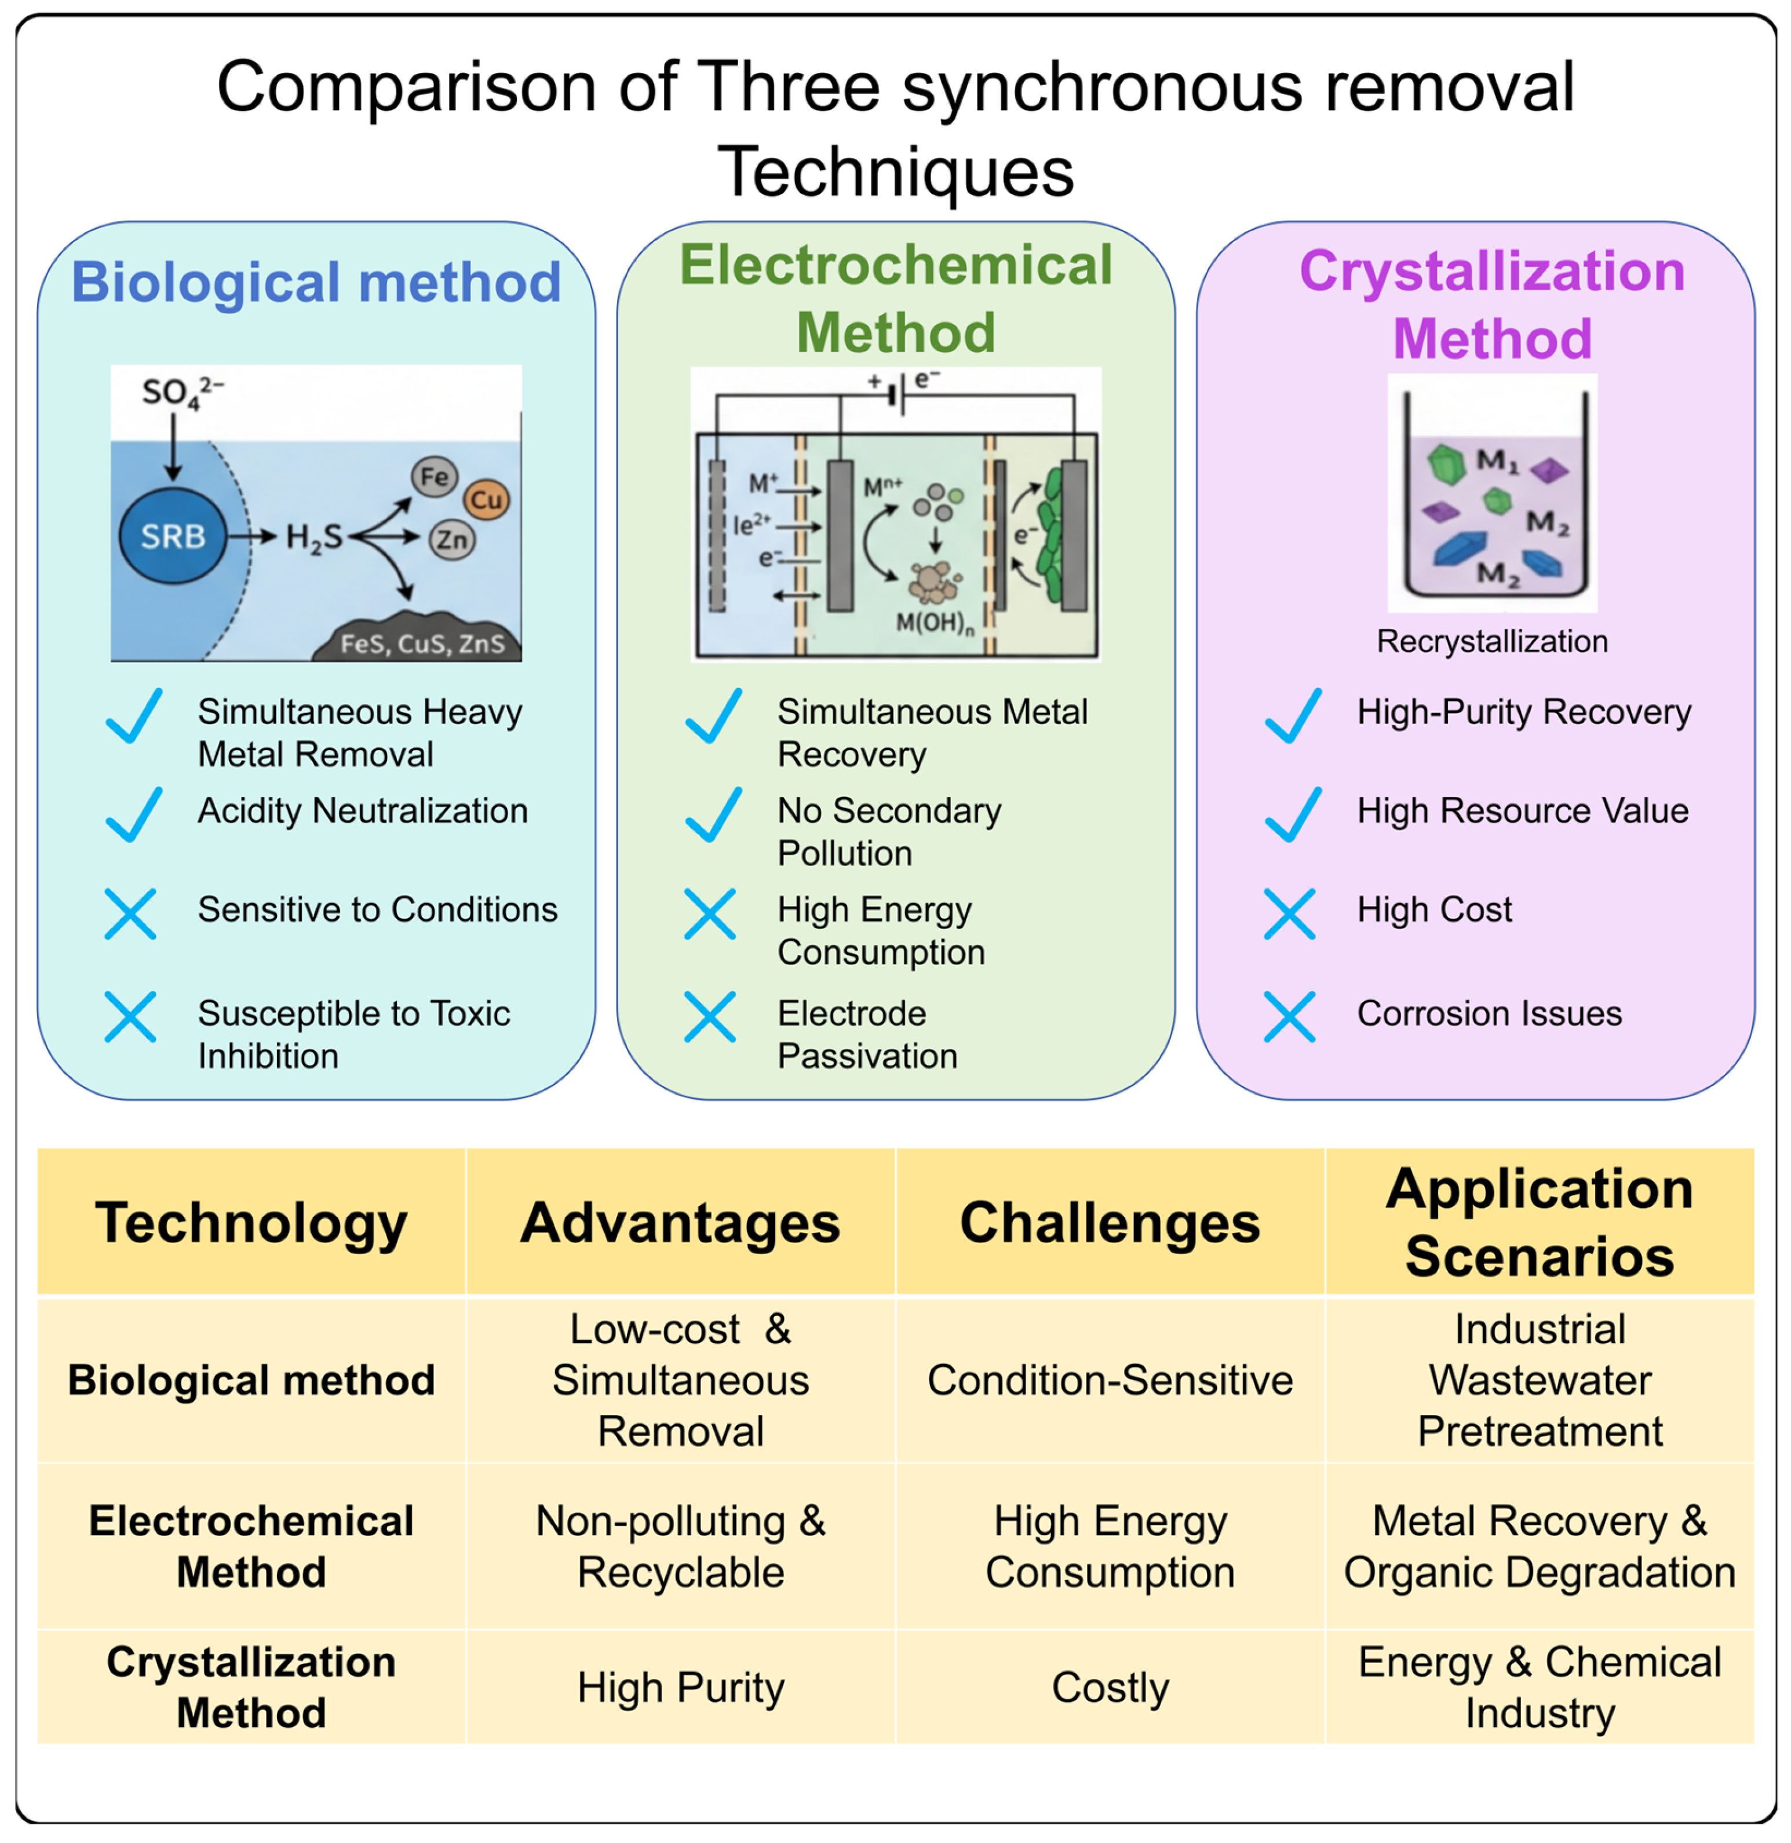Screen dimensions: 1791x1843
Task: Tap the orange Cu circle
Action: tap(486, 499)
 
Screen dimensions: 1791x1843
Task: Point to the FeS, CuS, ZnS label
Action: tap(422, 644)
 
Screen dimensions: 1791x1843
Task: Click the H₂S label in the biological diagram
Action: tap(314, 538)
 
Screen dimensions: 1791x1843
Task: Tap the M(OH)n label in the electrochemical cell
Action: tap(934, 623)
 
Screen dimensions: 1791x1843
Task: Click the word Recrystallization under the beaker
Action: tap(1492, 641)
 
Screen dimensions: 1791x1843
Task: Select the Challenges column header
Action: tap(1110, 1223)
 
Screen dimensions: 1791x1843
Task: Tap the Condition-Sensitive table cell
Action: tap(1110, 1380)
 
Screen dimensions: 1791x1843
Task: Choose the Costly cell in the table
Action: tap(1110, 1687)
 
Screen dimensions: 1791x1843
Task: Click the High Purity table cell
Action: tap(680, 1687)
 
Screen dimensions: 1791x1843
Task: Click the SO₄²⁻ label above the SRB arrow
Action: tap(181, 391)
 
